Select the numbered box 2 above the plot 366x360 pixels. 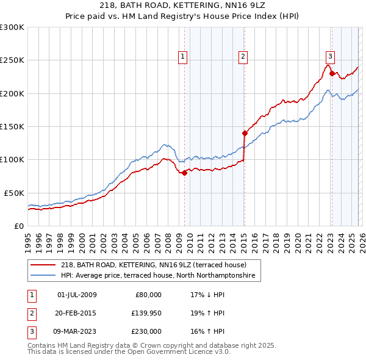coord(243,57)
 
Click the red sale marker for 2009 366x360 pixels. coord(185,173)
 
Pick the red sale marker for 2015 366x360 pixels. coord(245,132)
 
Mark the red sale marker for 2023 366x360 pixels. coord(332,74)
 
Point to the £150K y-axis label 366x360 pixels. coord(12,126)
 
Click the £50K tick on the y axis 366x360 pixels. coord(14,192)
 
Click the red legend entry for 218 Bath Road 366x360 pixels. coord(153,265)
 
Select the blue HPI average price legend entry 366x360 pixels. coord(160,276)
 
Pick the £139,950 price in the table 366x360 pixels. coord(146,313)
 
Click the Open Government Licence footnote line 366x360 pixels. coord(129,351)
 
